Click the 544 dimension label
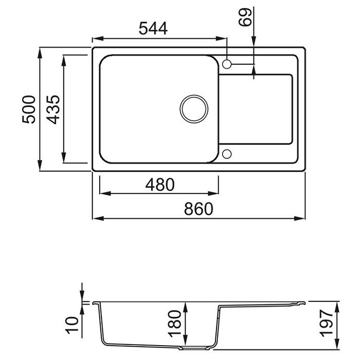(x=153, y=28)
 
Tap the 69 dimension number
(x=245, y=17)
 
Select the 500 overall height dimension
(x=29, y=109)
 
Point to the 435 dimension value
(x=53, y=109)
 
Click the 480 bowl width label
(x=160, y=185)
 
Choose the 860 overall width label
(x=199, y=209)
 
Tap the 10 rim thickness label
(x=72, y=325)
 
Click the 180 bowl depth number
(x=175, y=324)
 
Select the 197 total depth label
(x=326, y=323)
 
